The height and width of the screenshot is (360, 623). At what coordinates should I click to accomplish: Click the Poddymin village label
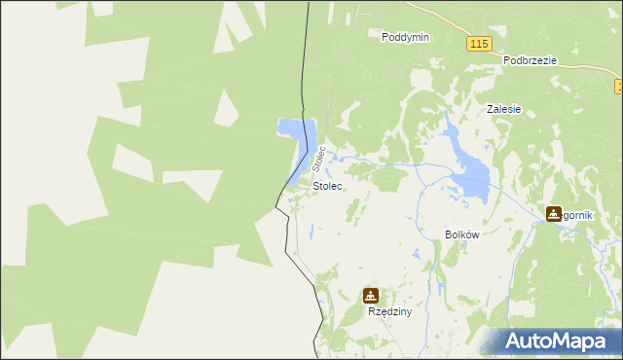coord(406,36)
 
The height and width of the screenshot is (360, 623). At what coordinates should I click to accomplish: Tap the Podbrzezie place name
coord(530,60)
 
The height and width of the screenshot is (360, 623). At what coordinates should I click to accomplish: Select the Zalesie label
coord(504,110)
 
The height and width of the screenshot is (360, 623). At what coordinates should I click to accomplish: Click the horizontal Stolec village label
coord(327,185)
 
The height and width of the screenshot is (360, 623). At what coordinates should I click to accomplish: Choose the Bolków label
coord(461,235)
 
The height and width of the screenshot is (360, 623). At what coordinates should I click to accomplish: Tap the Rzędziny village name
coord(389,312)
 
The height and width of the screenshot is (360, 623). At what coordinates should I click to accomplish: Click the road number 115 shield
coord(478,45)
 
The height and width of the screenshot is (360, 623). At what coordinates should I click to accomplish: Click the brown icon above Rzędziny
coord(371,295)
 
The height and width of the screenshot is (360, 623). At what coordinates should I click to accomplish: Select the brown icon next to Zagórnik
coord(554,214)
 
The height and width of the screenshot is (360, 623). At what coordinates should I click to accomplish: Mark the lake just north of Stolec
coord(294,130)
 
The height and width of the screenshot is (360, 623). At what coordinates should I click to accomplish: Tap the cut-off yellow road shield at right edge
coord(619,88)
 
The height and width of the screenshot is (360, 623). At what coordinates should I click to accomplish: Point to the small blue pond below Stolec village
coord(311,232)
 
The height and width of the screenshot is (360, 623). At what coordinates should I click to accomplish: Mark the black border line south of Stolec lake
coord(287,234)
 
